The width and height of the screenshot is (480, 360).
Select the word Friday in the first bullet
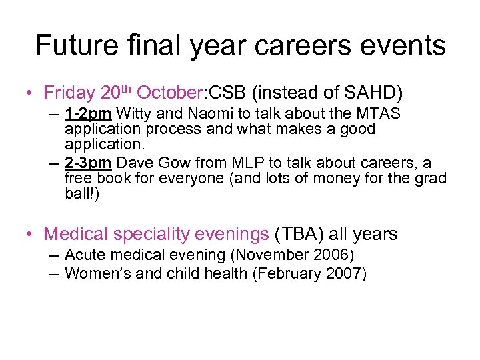pos(70,91)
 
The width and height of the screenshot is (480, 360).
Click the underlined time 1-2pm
pos(83,114)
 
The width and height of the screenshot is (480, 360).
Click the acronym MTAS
pos(376,114)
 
